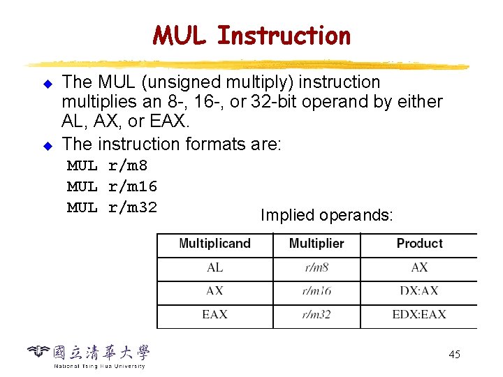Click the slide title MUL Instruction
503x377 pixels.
[x=251, y=35]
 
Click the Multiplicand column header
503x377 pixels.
[x=214, y=244]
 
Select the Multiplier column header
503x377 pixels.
[x=316, y=244]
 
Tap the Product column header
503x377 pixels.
[x=419, y=244]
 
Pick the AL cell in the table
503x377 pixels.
[x=214, y=267]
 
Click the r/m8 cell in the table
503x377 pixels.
[x=316, y=267]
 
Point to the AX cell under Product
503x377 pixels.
[x=419, y=267]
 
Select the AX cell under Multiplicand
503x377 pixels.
[x=214, y=291]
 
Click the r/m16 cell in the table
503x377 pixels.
[x=316, y=291]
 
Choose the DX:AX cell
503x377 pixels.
[x=419, y=291]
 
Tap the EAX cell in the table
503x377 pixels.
[x=214, y=315]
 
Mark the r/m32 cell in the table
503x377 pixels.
[x=316, y=315]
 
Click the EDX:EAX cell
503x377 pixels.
[x=419, y=315]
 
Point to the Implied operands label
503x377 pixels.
[x=326, y=216]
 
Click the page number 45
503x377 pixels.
[x=454, y=355]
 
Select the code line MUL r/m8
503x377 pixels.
[x=107, y=166]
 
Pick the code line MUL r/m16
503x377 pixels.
[x=112, y=186]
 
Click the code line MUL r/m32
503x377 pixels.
[x=112, y=207]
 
